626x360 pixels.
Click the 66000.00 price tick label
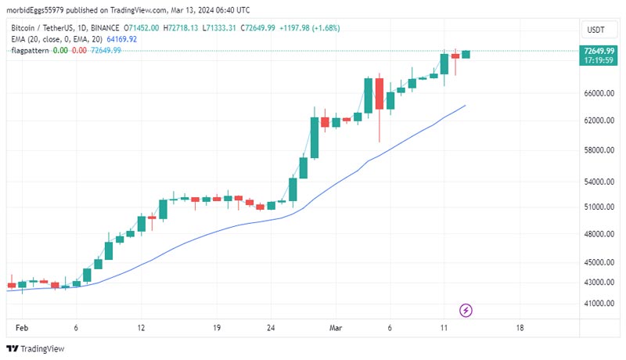click(598, 93)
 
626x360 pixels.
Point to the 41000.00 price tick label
click(598, 303)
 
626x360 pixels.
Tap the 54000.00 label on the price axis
click(598, 182)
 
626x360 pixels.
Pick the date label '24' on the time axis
click(271, 328)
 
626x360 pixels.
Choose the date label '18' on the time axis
click(520, 328)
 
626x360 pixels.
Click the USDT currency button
click(596, 30)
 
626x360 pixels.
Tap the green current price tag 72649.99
click(597, 50)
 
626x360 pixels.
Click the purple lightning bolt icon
click(466, 311)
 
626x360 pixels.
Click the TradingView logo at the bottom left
click(36, 349)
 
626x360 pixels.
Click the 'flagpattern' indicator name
click(29, 50)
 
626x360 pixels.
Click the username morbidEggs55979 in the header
click(38, 10)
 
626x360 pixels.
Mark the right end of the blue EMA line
click(466, 105)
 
